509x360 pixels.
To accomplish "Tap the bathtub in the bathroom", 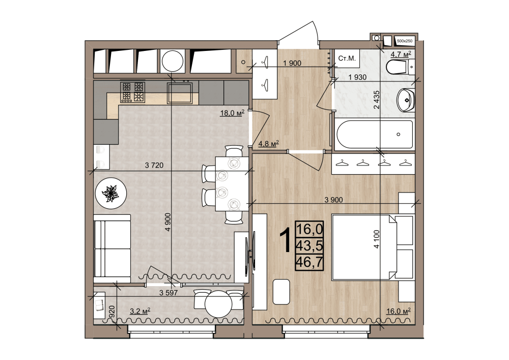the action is coord(375,134).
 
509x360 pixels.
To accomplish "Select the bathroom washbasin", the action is coord(406,100).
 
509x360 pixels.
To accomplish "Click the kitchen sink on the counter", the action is coord(180,93).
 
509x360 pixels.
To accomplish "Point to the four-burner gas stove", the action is coord(132,92).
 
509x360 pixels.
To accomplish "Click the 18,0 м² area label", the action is coord(232,113).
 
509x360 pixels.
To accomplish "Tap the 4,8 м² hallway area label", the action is coord(268,144).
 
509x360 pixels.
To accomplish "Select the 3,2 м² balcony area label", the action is coord(140,311).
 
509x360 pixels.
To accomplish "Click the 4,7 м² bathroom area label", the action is coord(401,54).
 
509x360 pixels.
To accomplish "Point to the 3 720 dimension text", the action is coord(154,165).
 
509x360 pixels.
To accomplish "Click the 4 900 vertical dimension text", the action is coord(167,222).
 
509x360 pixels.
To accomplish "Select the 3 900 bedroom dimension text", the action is coord(334,200).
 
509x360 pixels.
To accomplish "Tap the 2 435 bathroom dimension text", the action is coord(377,100).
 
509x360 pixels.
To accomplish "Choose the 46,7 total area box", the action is coord(309,262).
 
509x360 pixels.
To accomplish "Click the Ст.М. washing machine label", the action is coord(347,59).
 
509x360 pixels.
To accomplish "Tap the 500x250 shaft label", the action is coord(405,41).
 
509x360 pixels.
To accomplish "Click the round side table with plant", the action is coord(110,193).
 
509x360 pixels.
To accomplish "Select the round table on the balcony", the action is coord(218,304).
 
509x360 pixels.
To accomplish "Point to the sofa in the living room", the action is coord(112,248).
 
